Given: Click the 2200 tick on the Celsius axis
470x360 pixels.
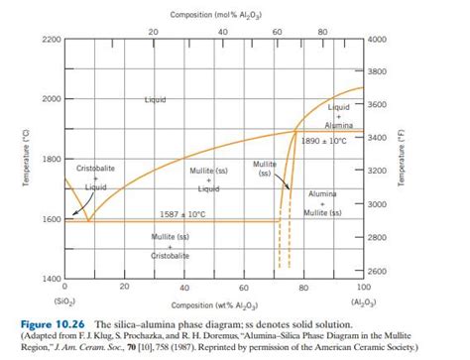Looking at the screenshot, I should (x=49, y=39).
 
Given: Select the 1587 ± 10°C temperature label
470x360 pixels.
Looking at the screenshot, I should (x=181, y=213).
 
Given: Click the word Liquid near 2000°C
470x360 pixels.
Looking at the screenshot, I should (x=156, y=100).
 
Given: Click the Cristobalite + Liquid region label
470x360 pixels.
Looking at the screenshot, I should (x=96, y=177).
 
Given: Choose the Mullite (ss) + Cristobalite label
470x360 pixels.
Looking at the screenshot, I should (x=171, y=246).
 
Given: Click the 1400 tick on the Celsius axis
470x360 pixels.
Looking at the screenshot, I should (x=49, y=280).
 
